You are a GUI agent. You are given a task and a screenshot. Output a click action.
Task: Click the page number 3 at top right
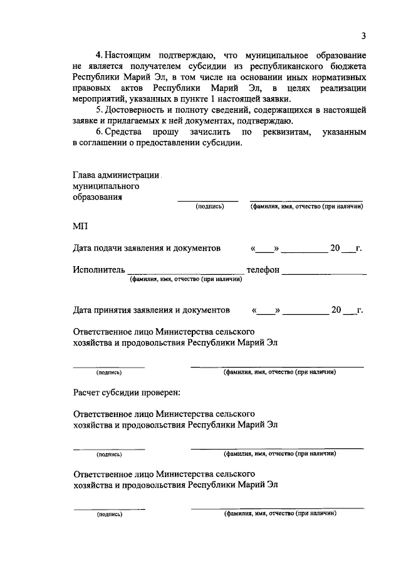coord(363,36)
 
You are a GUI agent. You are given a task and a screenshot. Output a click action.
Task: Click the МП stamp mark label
coord(81,226)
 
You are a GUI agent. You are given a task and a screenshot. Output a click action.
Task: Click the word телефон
coord(263,270)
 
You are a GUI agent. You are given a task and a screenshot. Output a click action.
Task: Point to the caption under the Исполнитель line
coord(185,280)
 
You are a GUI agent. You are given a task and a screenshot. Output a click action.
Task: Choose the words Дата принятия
coord(106,310)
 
